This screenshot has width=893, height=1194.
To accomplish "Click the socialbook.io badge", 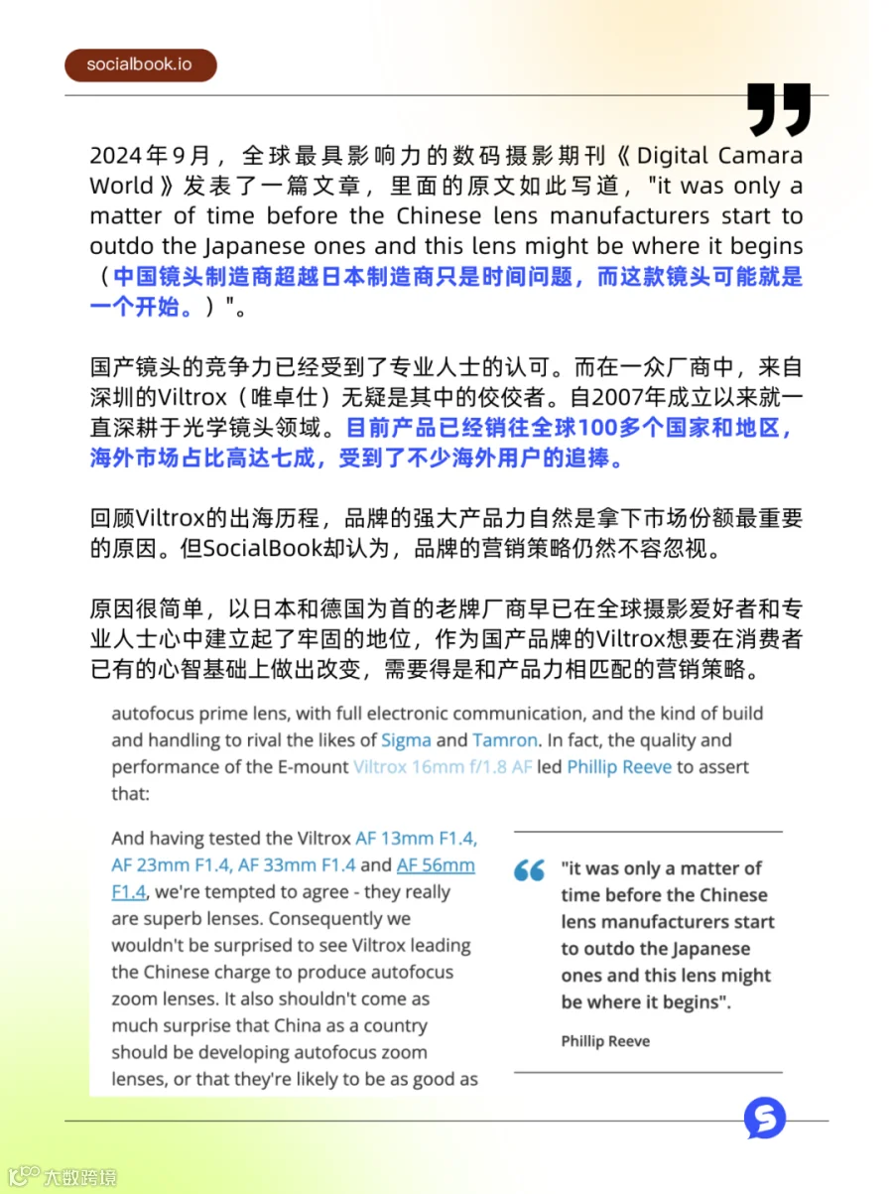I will tap(140, 65).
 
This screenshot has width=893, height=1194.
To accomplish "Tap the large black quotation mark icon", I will tap(779, 109).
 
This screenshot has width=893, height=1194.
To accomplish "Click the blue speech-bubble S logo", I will tap(765, 1118).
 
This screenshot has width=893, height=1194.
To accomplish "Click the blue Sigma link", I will tap(406, 739).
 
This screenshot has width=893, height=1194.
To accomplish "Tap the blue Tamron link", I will tap(505, 739).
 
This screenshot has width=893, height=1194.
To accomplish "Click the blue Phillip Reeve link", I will tap(619, 766).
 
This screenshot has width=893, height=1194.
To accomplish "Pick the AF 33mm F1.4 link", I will tap(297, 865).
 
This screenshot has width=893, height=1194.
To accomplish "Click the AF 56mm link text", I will tap(436, 865).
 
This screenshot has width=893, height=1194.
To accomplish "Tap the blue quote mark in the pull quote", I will tap(529, 871).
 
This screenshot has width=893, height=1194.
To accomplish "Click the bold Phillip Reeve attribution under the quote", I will tap(605, 1040).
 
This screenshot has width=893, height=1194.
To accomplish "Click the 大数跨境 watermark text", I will tap(79, 1177).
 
